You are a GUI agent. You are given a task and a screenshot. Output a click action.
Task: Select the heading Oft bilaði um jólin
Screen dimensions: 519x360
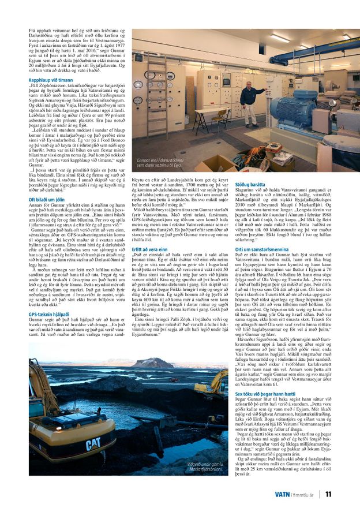point(46,199)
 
